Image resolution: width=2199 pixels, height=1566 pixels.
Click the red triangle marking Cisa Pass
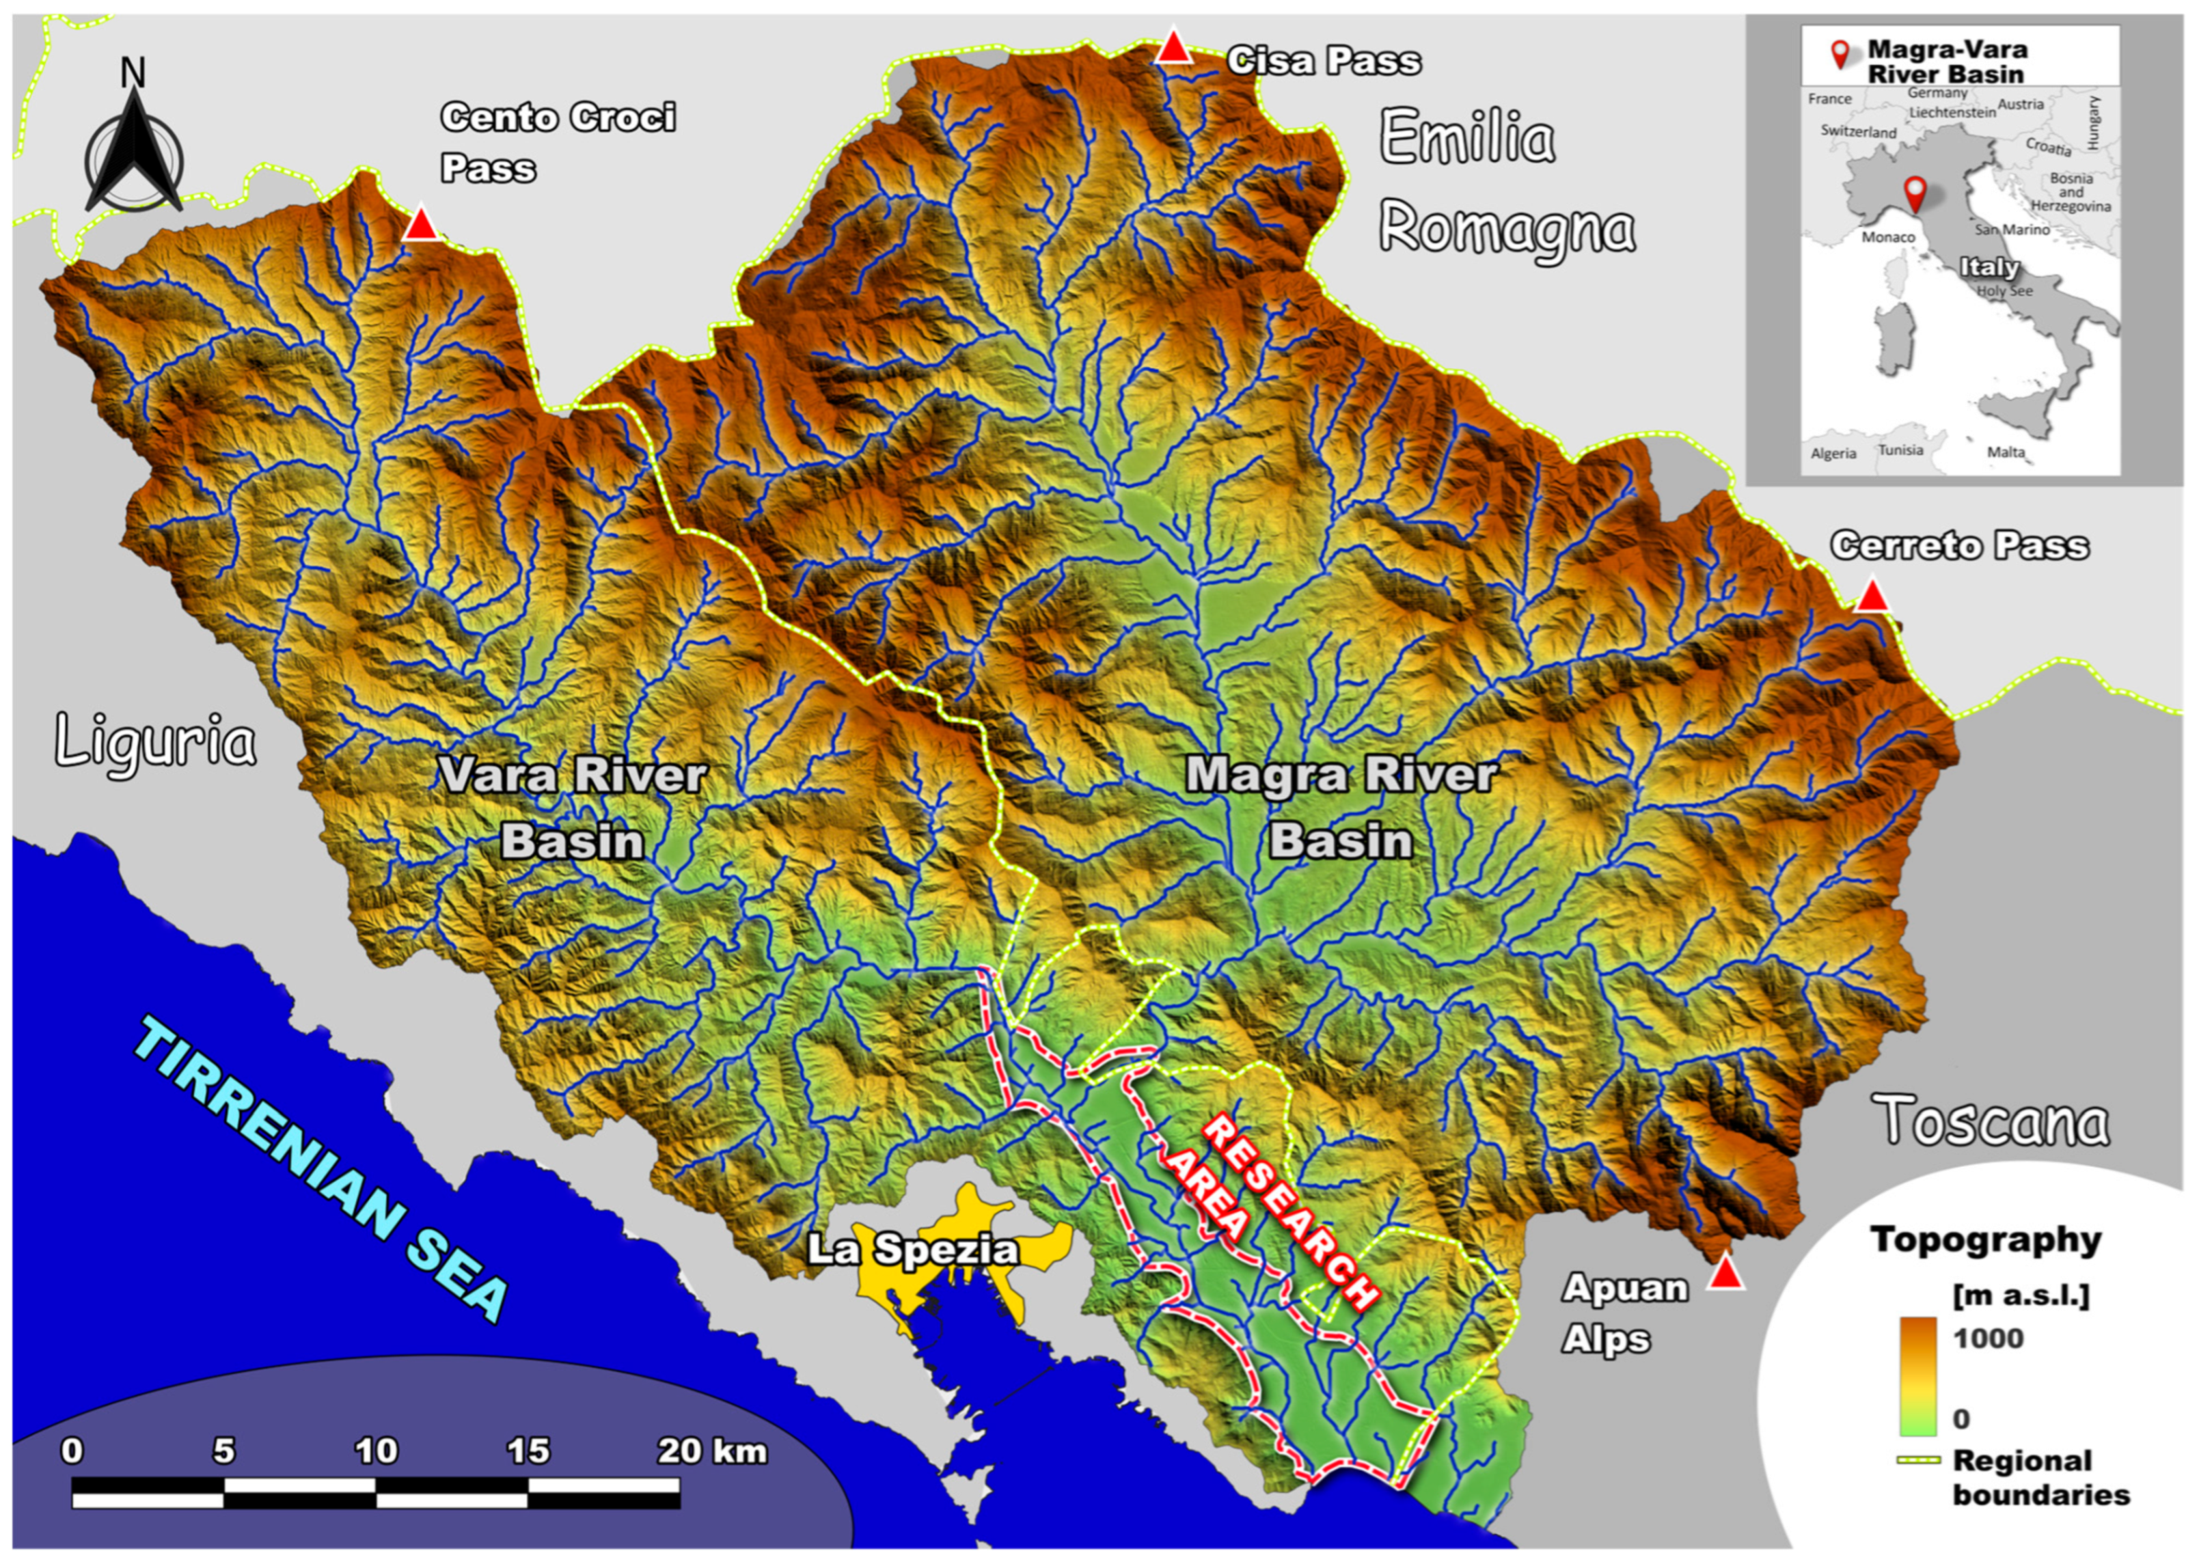click(1174, 49)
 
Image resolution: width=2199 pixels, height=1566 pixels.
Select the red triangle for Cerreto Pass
click(1872, 596)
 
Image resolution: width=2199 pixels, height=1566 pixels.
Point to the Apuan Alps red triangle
click(1725, 1276)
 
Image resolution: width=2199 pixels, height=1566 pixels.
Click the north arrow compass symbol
click(133, 145)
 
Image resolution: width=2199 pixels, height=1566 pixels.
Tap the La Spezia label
click(912, 1250)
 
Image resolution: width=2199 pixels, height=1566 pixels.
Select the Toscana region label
click(1993, 1121)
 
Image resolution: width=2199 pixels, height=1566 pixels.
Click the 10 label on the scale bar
click(375, 1451)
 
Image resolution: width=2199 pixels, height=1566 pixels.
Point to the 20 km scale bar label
click(712, 1451)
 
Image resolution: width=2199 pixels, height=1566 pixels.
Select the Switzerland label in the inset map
click(1857, 131)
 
